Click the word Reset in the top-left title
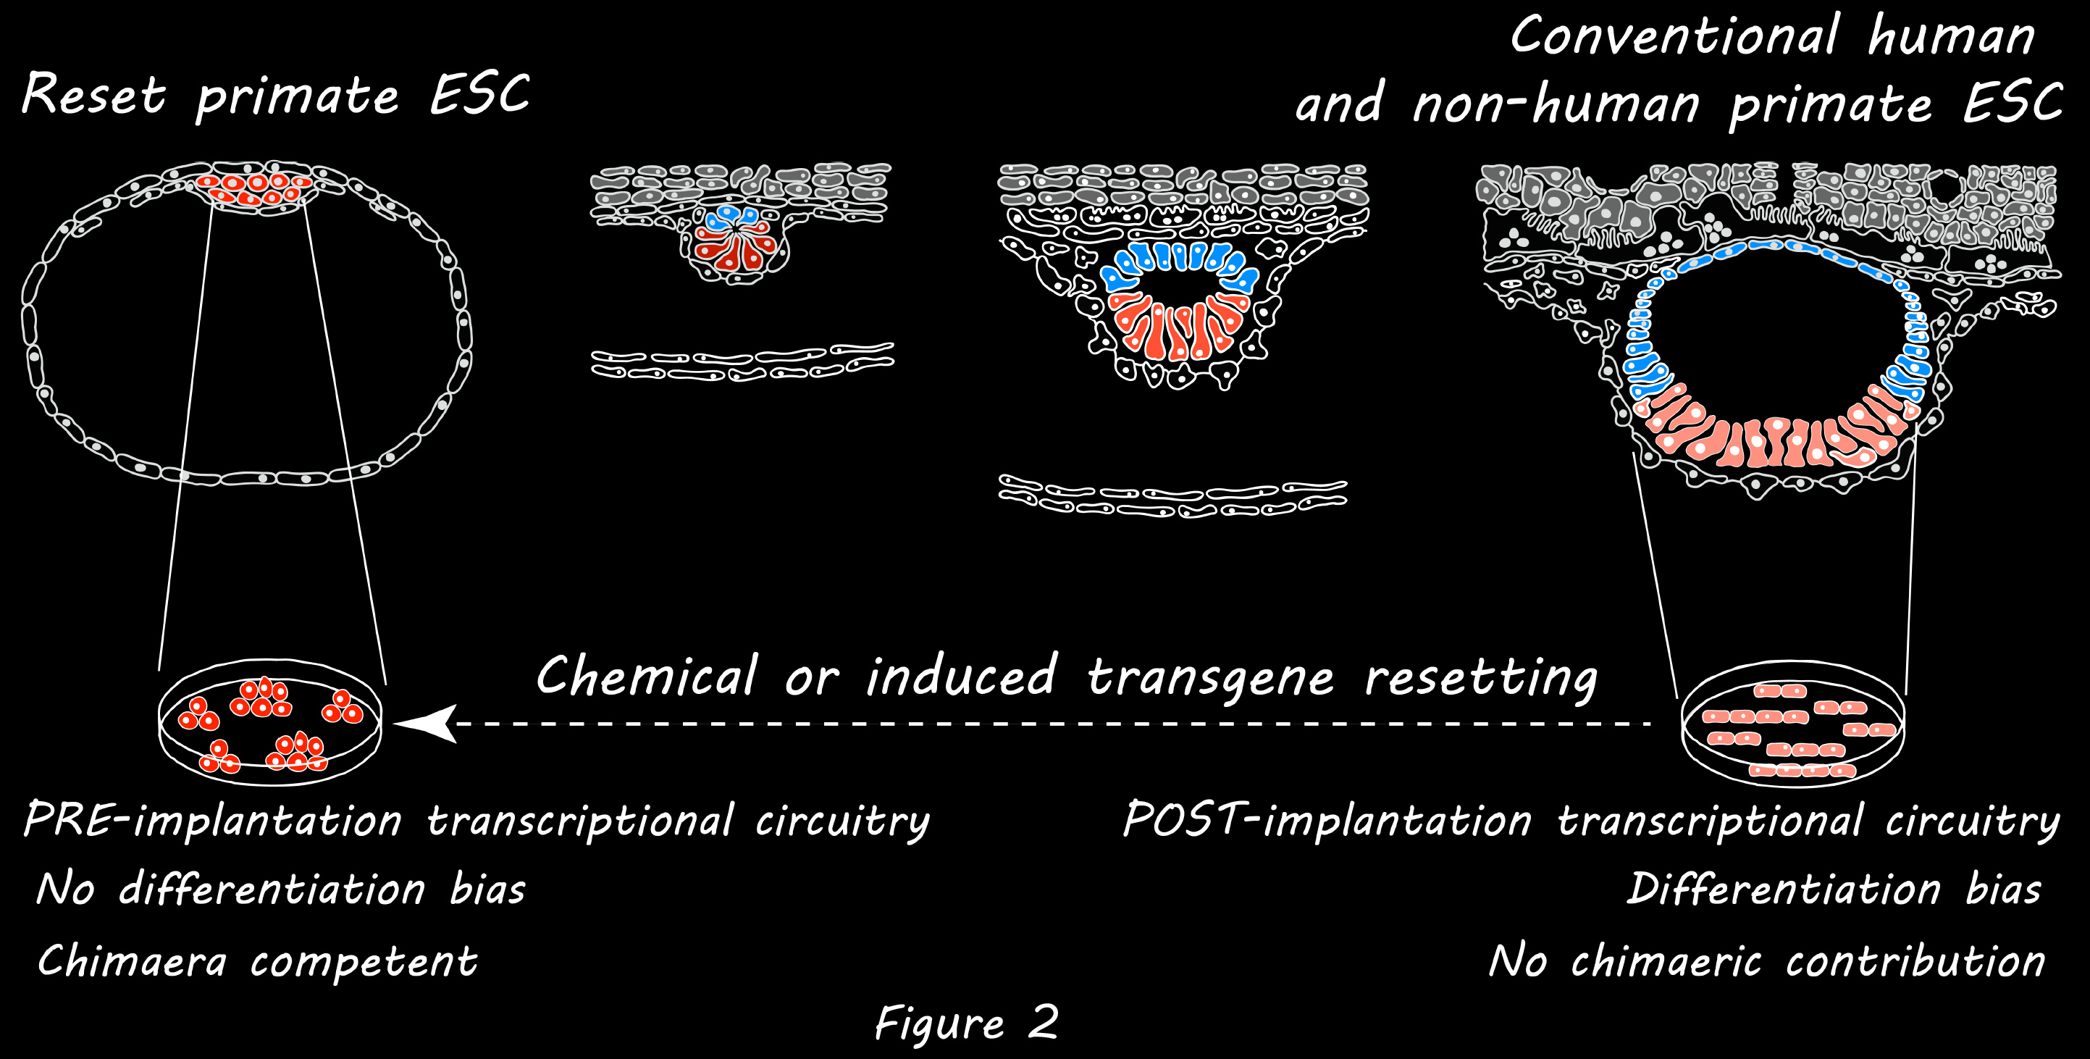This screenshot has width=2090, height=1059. click(93, 96)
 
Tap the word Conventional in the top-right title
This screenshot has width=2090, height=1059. click(1674, 36)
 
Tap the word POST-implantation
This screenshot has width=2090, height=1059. click(1327, 821)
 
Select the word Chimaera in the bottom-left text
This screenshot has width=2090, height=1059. click(131, 963)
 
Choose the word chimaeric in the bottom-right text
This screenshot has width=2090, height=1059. click(1666, 963)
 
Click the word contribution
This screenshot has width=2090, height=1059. click(1915, 963)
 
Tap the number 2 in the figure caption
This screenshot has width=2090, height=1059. click(1043, 1021)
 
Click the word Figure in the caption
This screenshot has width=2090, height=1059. click(939, 1024)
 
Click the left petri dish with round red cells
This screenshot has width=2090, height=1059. click(269, 722)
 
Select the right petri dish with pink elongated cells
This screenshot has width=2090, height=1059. click(1792, 724)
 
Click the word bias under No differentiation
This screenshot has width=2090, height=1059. click(487, 890)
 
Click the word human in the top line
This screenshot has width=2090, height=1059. click(1951, 36)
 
